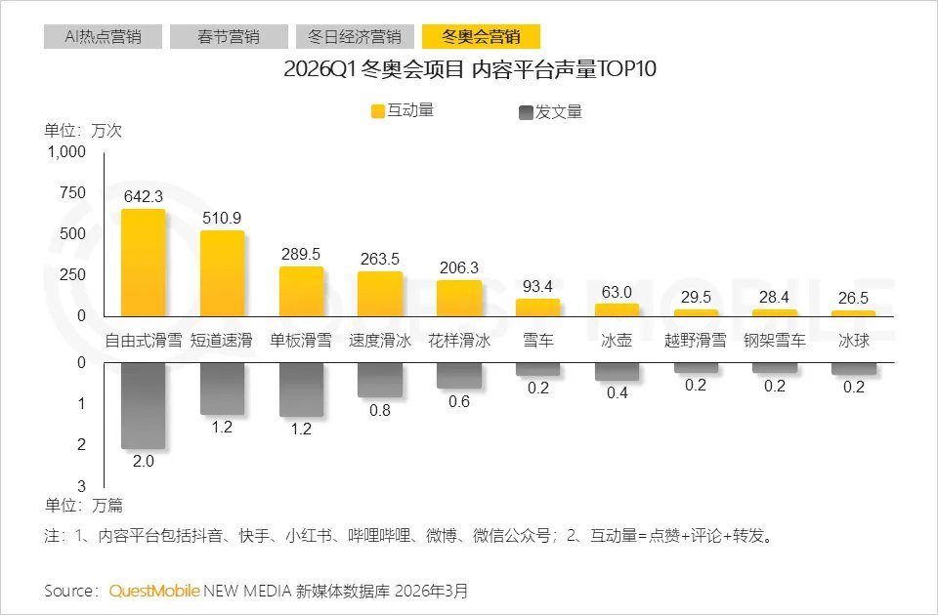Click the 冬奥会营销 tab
[481, 37]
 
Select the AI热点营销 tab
[103, 37]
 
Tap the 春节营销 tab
[229, 37]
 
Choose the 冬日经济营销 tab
[355, 37]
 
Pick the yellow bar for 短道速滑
[222, 273]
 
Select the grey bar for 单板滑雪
[301, 389]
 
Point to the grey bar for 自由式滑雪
[143, 406]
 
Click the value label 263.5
[379, 259]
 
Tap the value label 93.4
[537, 286]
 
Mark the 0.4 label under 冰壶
[617, 392]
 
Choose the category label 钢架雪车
[775, 341]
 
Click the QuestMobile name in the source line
[154, 591]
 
